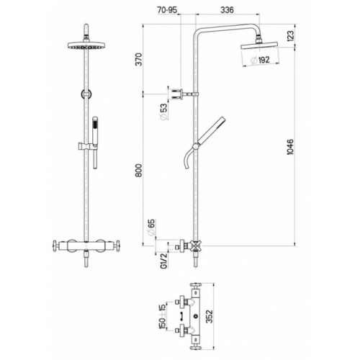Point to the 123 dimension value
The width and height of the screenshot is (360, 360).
310,36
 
